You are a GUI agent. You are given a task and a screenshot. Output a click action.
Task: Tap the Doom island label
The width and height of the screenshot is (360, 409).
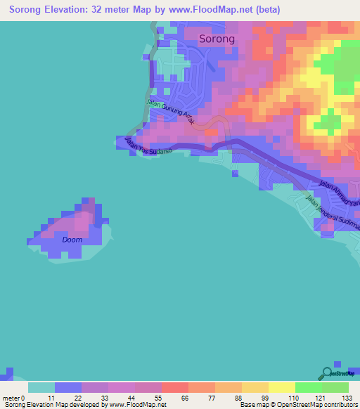coord(72,240)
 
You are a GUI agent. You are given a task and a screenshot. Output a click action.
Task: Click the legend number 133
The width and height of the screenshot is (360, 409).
coord(347,398)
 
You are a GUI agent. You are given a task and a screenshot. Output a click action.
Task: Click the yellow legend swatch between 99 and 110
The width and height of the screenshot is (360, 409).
coord(281,387)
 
